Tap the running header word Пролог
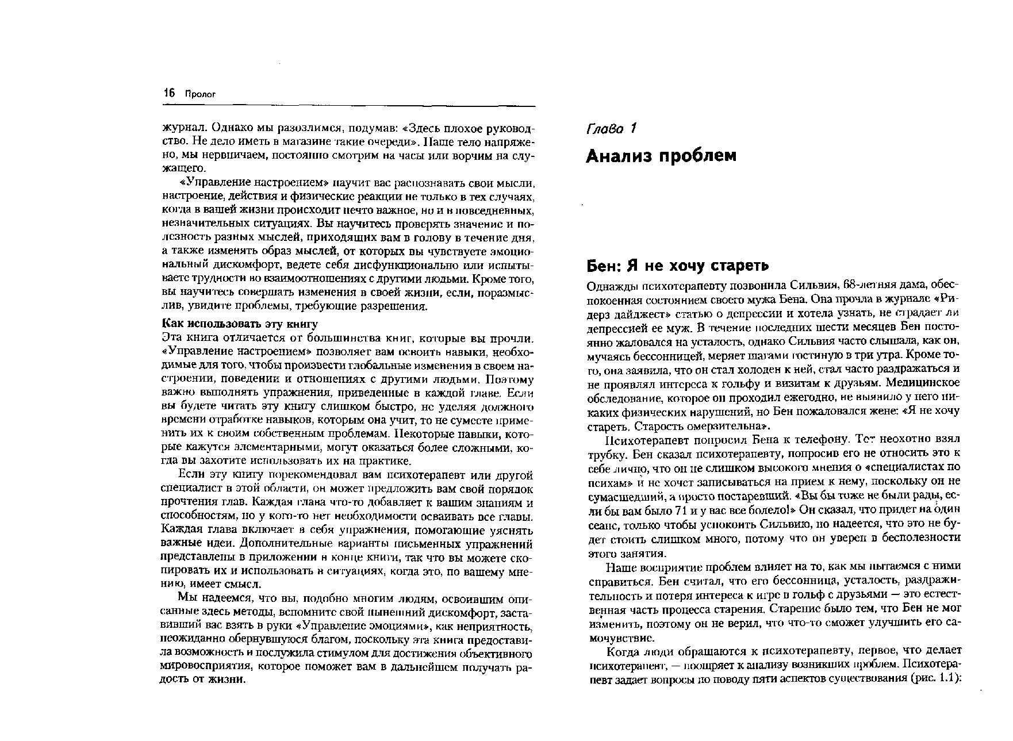pyautogui.click(x=199, y=94)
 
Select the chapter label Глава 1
pyautogui.click(x=611, y=129)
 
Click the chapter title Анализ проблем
pyautogui.click(x=661, y=156)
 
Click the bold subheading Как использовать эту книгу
pyautogui.click(x=240, y=324)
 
